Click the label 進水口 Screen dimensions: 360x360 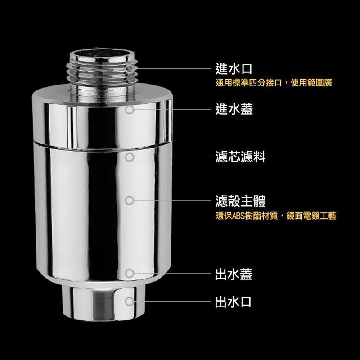coord(234,69)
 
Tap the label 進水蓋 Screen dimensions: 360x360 coord(234,109)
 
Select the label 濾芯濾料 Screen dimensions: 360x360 coord(240,157)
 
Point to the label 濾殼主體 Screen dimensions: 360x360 coord(240,200)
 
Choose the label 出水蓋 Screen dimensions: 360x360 coord(234,274)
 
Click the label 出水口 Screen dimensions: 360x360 coord(233,302)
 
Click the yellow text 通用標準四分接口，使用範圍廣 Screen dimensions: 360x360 coord(274,83)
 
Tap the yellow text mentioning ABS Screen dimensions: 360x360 coord(276,216)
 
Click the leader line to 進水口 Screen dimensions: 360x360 coord(173,69)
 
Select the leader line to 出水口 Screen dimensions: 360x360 coord(172,301)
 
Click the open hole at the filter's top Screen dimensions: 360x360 coord(103,54)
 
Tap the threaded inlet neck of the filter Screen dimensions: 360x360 coord(103,75)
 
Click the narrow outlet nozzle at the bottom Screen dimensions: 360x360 coord(100,303)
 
